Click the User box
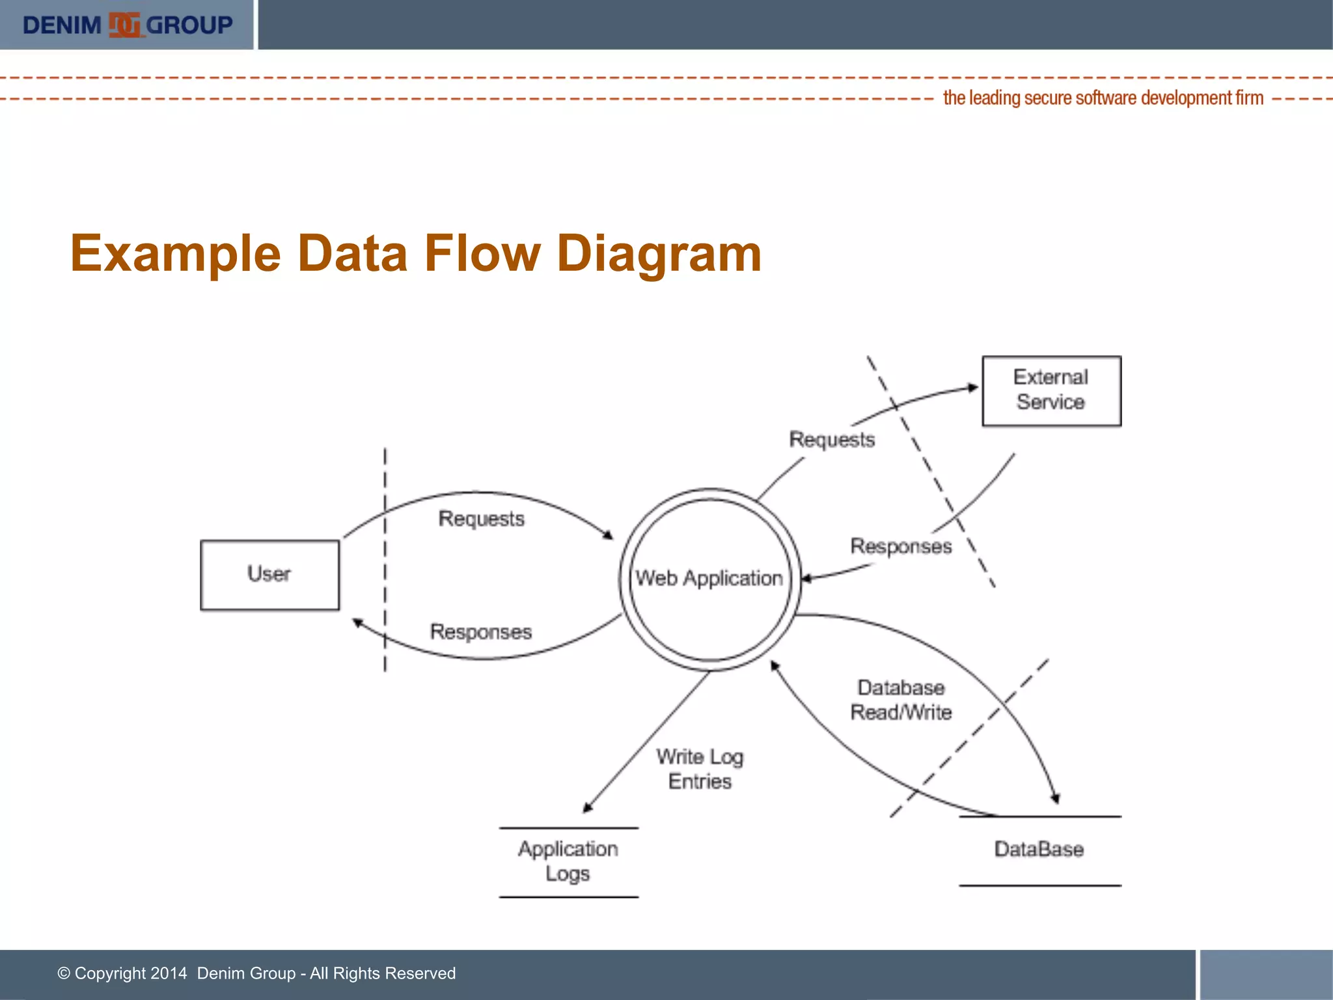[269, 575]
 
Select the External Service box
[1051, 391]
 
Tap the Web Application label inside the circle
[709, 578]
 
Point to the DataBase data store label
[1039, 849]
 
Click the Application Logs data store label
[568, 861]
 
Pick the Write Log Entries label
[700, 769]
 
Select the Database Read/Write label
[901, 700]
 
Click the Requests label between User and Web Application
[481, 519]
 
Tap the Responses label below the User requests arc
[481, 632]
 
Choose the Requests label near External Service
[832, 439]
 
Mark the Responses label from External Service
[901, 546]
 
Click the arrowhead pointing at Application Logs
[587, 808]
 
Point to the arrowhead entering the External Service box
[973, 388]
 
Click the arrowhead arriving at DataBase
[1055, 798]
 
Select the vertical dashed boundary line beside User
[385, 560]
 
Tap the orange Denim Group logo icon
[124, 25]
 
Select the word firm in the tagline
[1249, 98]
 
